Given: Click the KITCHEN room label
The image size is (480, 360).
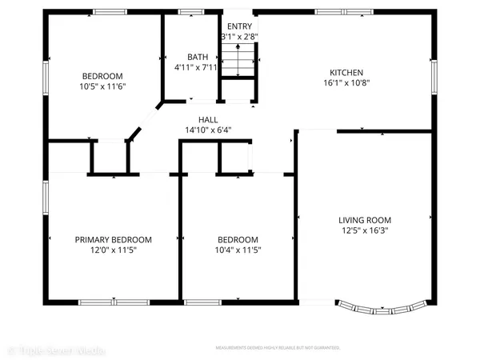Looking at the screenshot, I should click(346, 72).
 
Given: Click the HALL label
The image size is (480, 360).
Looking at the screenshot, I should click(208, 120).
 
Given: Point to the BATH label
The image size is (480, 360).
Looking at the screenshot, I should click(197, 57).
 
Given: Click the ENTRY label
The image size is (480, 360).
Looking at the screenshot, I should click(239, 26).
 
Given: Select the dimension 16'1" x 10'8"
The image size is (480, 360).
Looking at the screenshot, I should click(346, 82).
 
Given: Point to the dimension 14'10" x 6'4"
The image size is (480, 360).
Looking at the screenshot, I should click(208, 130).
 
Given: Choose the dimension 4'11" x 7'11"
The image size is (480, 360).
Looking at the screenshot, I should click(197, 67).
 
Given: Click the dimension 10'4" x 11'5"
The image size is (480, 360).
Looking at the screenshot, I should click(238, 250).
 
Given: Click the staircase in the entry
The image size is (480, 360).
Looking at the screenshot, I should click(239, 60).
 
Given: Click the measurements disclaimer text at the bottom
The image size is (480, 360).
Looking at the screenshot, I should click(278, 348).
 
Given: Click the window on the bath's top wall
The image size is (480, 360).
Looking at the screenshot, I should click(190, 12).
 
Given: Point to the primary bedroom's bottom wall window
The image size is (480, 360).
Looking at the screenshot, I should click(102, 302).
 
